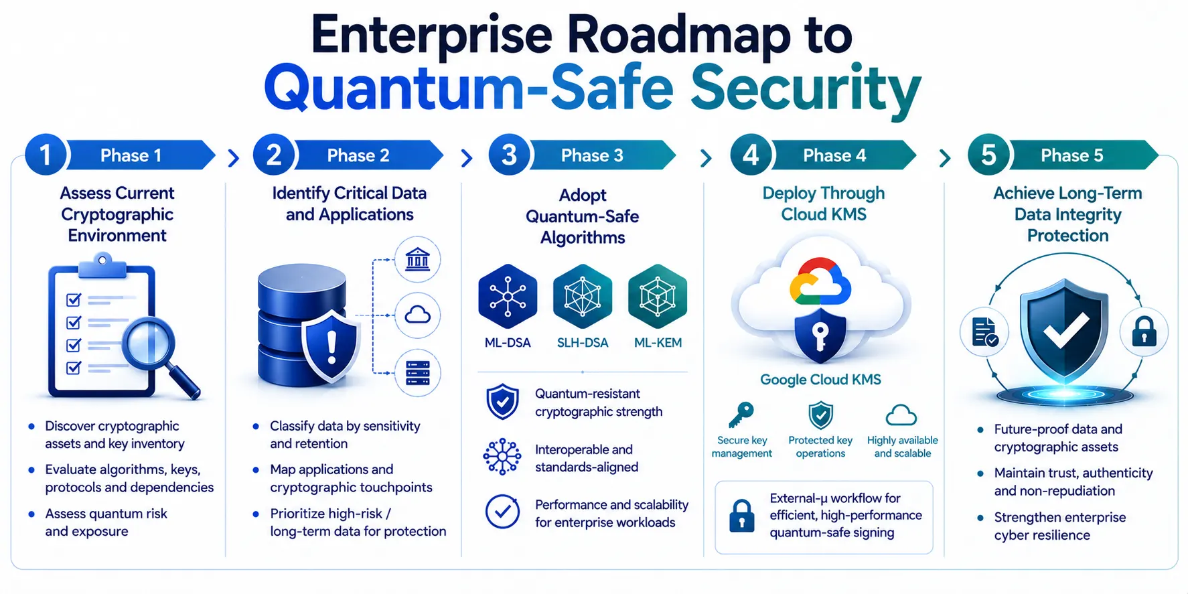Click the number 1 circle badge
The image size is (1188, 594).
[46, 155]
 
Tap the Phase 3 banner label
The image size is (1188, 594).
[592, 155]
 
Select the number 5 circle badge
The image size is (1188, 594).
[988, 155]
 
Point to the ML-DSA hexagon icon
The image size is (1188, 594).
[508, 296]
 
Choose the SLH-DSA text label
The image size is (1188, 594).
[583, 343]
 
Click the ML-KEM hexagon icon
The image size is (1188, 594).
[658, 296]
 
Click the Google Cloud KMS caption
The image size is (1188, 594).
[820, 380]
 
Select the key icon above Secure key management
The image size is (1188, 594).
[741, 415]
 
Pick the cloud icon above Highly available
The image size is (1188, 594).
[901, 415]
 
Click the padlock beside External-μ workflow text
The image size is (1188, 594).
[741, 515]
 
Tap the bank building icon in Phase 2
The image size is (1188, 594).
[418, 260]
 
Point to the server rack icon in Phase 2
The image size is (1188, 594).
[418, 372]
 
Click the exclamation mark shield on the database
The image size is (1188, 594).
[331, 346]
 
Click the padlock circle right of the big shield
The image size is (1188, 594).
[1144, 331]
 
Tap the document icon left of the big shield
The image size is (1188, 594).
[984, 331]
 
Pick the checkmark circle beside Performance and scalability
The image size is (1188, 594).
[502, 512]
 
